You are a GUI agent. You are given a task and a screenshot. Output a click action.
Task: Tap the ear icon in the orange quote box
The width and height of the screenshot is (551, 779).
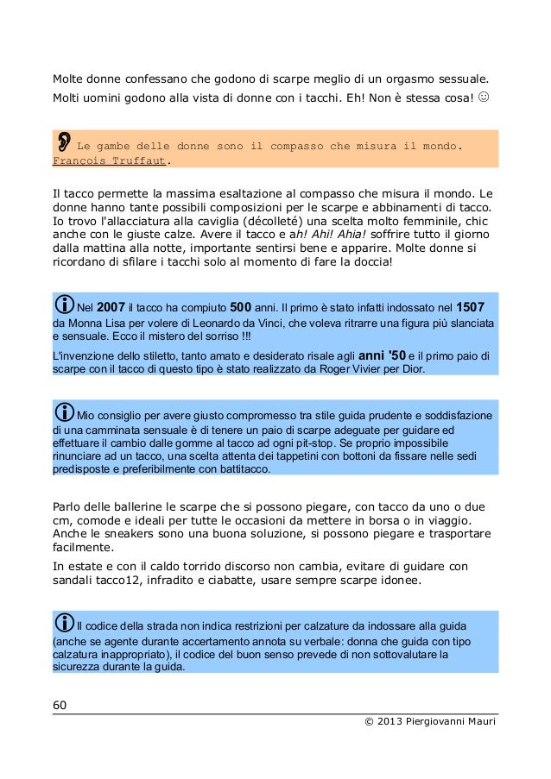click(x=65, y=141)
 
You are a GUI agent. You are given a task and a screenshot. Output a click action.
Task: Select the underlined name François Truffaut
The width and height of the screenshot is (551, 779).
click(x=110, y=160)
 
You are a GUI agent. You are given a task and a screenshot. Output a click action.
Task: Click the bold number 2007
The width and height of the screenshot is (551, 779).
click(x=112, y=307)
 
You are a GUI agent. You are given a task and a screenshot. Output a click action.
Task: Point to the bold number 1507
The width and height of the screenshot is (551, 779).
click(x=470, y=307)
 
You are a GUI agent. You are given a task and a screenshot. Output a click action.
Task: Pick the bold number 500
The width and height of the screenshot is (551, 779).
click(x=240, y=307)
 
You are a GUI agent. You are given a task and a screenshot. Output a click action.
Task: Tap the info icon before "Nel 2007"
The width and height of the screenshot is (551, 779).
click(x=64, y=305)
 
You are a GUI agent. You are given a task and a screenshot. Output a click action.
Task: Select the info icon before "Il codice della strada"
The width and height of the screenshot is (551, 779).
click(x=64, y=623)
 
